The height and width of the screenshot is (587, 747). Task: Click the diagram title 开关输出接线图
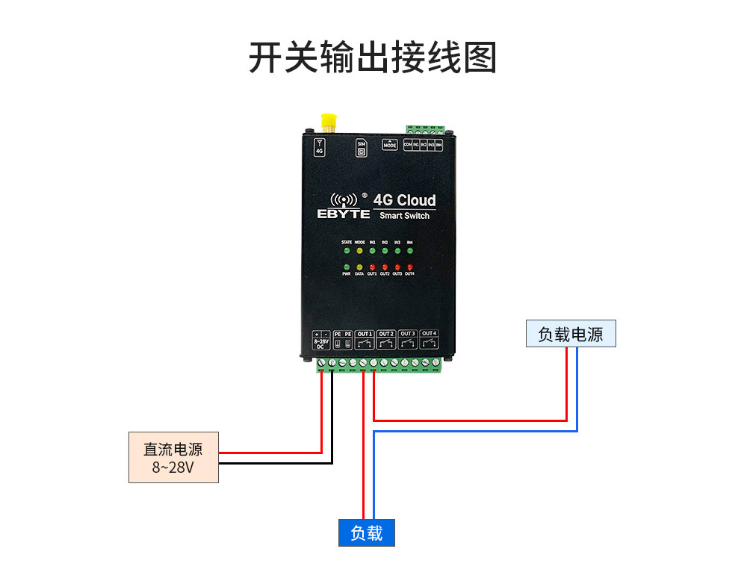373,58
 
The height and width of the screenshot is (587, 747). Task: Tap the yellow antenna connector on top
327,122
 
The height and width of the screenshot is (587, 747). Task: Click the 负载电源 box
571,334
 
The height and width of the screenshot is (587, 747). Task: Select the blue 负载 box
366,533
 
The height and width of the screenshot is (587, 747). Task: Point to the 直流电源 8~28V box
173,458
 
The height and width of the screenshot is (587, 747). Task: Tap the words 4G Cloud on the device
404,200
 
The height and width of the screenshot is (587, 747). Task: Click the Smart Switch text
404,216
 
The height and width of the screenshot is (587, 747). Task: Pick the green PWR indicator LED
347,267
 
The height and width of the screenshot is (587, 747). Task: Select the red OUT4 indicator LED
409,267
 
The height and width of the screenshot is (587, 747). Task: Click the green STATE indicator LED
347,251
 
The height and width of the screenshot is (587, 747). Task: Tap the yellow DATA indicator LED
359,267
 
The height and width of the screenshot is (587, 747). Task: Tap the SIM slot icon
362,148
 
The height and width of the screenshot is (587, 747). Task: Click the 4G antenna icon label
320,146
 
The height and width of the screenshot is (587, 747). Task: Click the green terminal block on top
426,128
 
